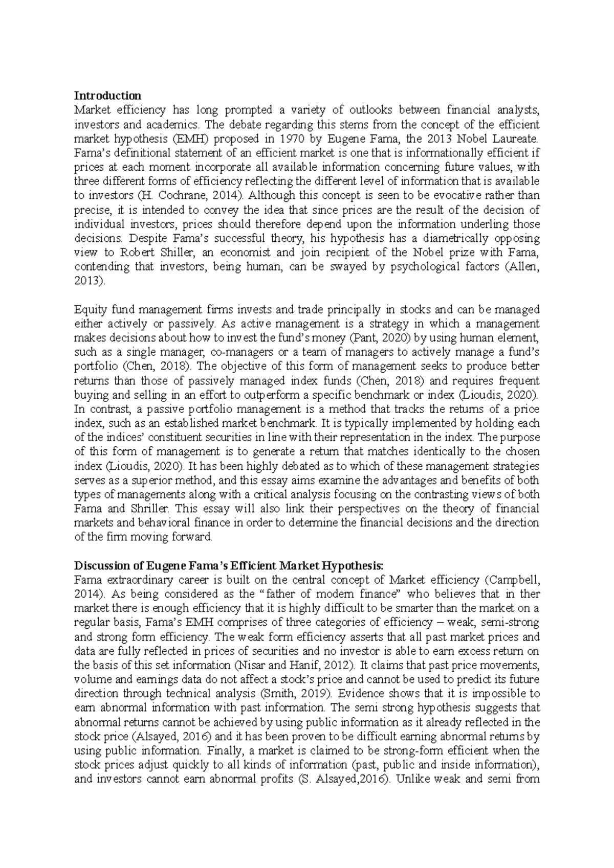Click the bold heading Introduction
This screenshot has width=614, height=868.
[x=107, y=96]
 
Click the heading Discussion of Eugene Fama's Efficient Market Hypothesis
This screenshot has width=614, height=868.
[x=228, y=566]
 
